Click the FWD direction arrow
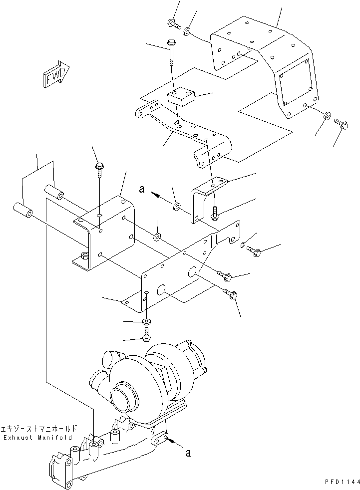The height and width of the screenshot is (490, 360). click(x=54, y=74)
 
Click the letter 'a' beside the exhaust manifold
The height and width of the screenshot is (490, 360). click(x=187, y=453)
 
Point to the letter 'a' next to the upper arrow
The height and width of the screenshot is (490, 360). click(x=142, y=190)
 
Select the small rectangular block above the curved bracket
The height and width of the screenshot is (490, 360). click(x=181, y=96)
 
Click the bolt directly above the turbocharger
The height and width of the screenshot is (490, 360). click(x=146, y=335)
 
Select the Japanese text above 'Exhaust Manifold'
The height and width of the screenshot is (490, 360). click(x=39, y=428)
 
